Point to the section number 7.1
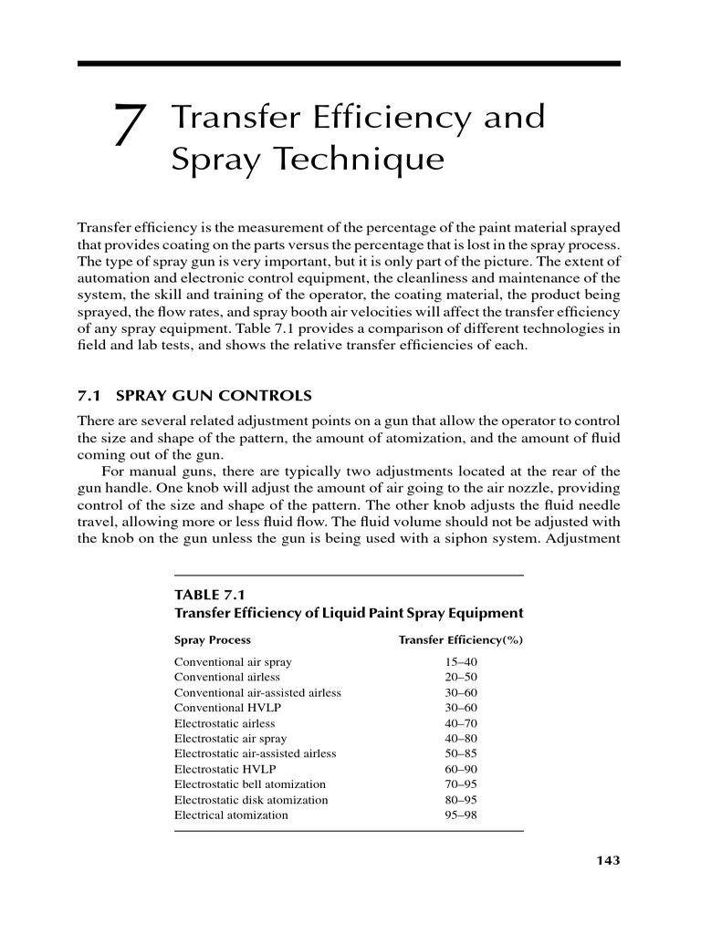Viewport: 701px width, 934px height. [x=89, y=396]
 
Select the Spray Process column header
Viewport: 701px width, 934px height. [x=212, y=639]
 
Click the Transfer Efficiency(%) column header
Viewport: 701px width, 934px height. [x=460, y=639]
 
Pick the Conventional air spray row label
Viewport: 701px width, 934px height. [x=233, y=661]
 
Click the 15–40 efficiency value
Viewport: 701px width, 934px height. [x=460, y=661]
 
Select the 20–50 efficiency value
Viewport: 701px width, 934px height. [x=460, y=677]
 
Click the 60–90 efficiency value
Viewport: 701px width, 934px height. [x=460, y=769]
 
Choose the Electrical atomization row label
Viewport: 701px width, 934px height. [x=231, y=815]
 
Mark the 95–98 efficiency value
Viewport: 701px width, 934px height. [x=460, y=815]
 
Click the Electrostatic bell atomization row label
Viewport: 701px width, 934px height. [x=249, y=784]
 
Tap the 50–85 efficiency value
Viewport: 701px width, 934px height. [x=460, y=753]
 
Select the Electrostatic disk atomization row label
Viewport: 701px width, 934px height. [x=251, y=800]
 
